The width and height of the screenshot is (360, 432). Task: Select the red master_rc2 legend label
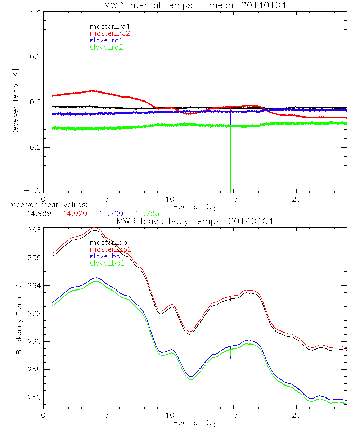tap(110, 33)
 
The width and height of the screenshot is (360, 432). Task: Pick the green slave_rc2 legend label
tap(106, 47)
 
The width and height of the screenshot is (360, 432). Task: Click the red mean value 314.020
tap(72, 213)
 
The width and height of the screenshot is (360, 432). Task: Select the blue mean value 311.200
tap(109, 213)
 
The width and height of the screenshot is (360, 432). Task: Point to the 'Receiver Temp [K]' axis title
tap(15, 102)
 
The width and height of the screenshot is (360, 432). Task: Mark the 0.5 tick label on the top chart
tap(35, 57)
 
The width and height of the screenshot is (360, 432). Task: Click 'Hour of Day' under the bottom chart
tap(195, 423)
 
